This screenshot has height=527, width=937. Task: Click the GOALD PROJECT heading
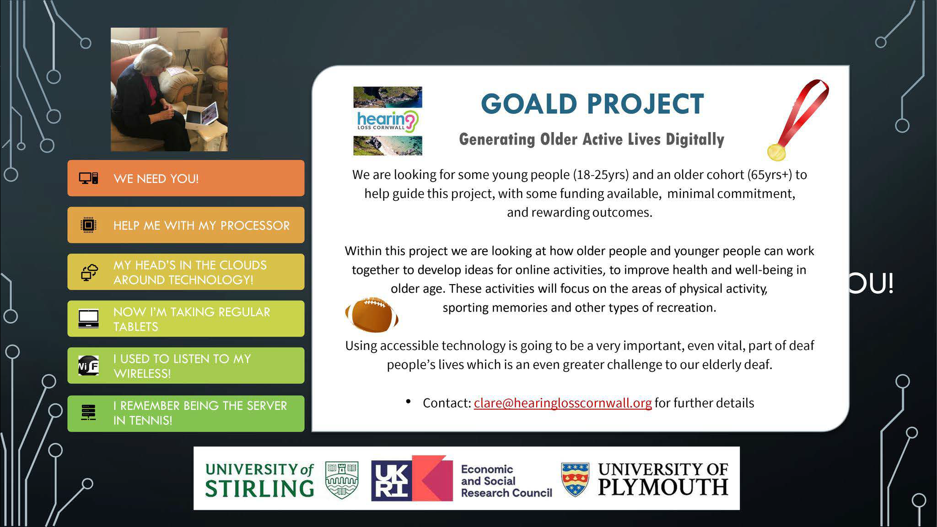coord(592,104)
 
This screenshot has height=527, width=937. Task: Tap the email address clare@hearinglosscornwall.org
coord(562,403)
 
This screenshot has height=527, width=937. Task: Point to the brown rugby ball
coord(372,314)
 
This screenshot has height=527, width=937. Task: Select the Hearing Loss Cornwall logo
coord(388,121)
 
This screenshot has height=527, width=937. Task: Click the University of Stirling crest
coord(341,479)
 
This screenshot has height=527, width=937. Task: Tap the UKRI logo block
coord(412,478)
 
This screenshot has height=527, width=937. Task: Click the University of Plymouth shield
coord(575,479)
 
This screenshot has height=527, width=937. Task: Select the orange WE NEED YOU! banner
coord(186,178)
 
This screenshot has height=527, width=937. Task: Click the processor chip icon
coord(88,225)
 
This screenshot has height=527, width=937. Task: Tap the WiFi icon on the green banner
coord(88,366)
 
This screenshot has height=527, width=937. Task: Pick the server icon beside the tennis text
coord(88,413)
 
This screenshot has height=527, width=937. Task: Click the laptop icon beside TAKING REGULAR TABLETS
coord(88,319)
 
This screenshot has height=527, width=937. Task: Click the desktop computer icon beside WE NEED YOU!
coord(88,178)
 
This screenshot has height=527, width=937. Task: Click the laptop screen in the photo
coord(208,113)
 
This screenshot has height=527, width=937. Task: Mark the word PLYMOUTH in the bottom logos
coord(663,488)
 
